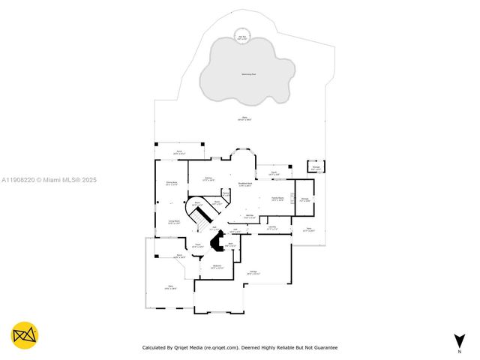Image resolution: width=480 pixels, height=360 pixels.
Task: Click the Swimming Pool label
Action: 247,74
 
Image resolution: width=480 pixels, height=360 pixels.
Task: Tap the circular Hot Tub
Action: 242,38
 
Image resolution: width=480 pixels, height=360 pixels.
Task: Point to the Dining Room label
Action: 172,184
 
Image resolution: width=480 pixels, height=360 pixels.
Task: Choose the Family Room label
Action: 277,199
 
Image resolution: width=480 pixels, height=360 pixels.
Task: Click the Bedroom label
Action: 217,267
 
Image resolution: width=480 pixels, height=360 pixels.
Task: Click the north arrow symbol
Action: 459,341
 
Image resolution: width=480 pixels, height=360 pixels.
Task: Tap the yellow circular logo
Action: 25,336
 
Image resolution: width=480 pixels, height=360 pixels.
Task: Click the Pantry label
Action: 225,193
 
